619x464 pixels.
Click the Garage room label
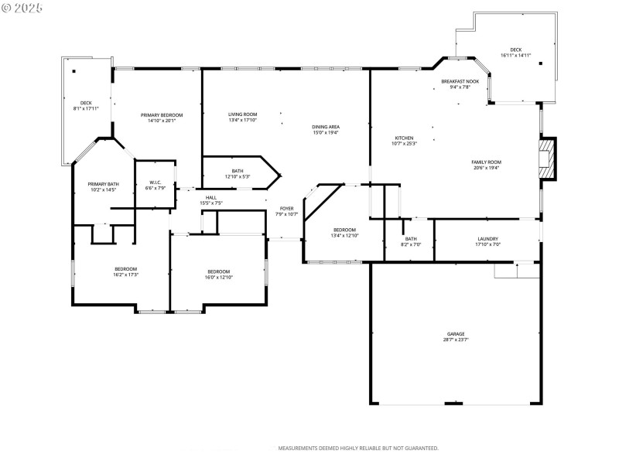point(455,334)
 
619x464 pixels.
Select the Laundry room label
point(487,239)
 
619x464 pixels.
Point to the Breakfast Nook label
point(460,81)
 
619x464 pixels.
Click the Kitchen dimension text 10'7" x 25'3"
point(404,143)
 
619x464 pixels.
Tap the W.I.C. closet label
point(155,183)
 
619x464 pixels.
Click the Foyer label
point(286,208)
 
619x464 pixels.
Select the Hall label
point(211,197)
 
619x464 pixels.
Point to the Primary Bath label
point(103,184)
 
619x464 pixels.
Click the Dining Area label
point(326,127)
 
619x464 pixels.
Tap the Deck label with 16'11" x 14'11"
point(515,49)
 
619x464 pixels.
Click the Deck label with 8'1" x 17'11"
point(87,103)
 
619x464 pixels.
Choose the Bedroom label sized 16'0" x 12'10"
point(218,271)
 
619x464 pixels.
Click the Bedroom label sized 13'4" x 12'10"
point(344,230)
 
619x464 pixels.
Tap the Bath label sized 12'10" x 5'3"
point(237,171)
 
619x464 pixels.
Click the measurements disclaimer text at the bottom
point(358,448)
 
